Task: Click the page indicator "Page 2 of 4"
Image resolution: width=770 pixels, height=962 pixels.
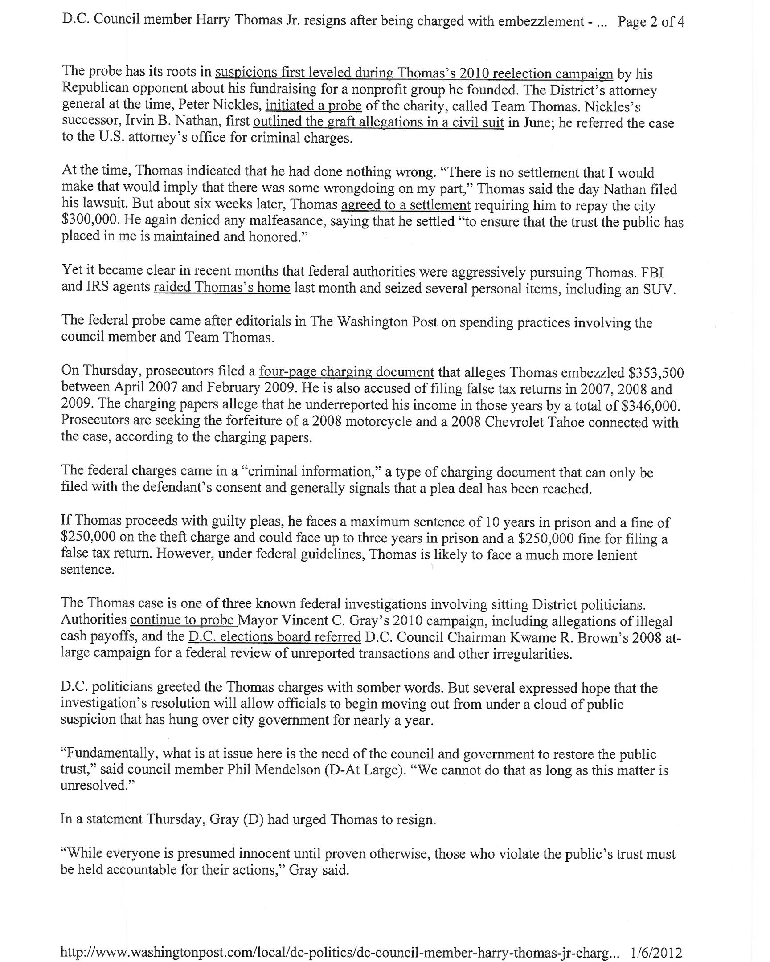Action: point(651,22)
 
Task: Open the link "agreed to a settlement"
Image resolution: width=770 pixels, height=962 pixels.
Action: point(406,205)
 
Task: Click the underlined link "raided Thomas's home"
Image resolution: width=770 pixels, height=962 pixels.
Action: point(222,287)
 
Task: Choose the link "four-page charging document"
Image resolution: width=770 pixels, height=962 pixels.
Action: point(346,372)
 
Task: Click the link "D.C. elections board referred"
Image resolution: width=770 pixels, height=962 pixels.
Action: point(274,636)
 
